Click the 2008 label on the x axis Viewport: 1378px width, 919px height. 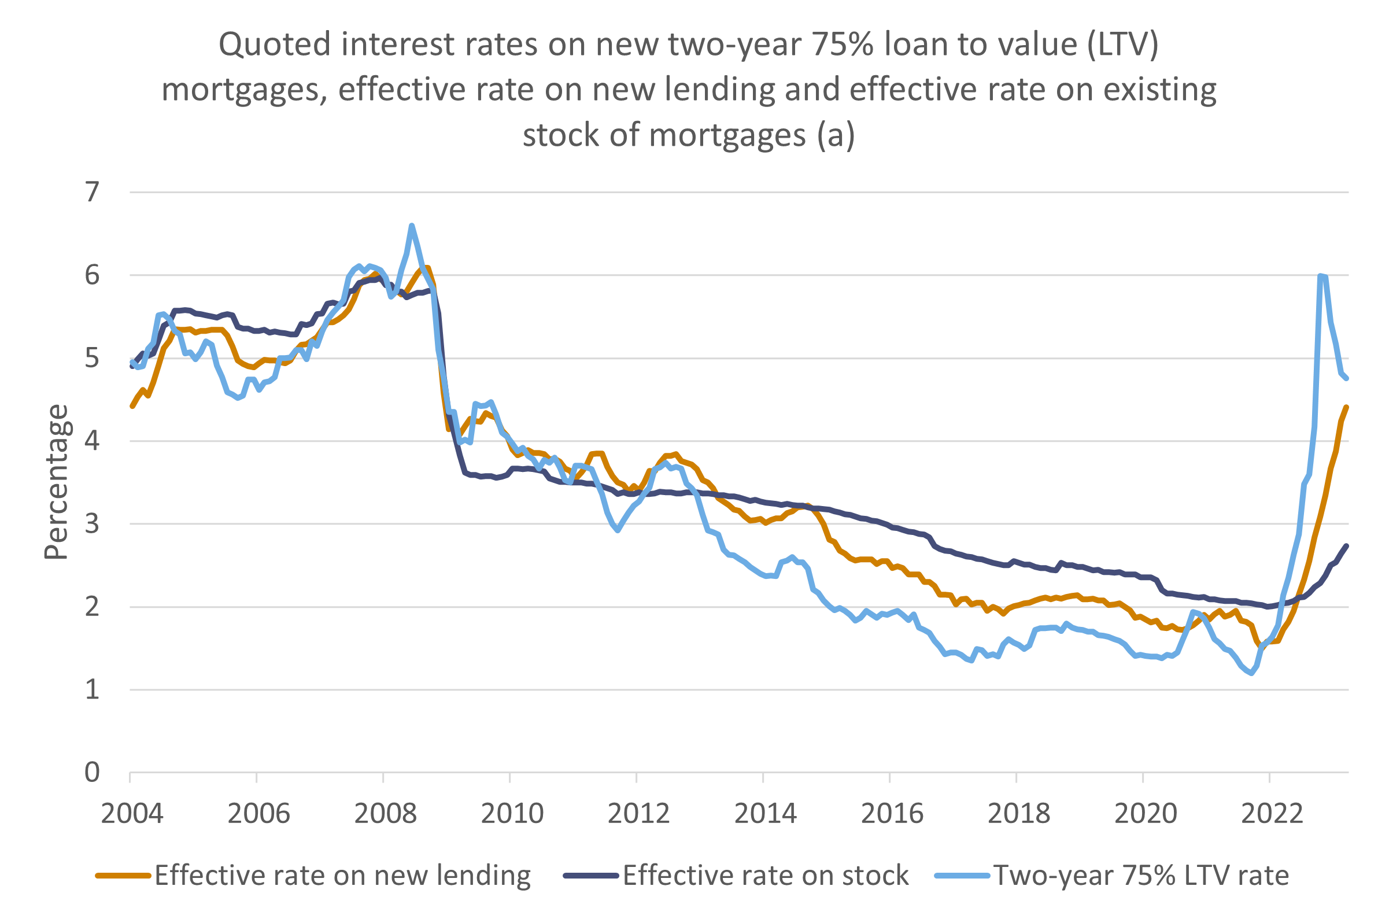pyautogui.click(x=385, y=814)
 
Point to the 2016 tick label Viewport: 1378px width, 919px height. pyautogui.click(x=892, y=814)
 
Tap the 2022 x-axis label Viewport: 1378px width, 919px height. pyautogui.click(x=1272, y=814)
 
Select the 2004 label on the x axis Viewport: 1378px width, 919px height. pyautogui.click(x=132, y=814)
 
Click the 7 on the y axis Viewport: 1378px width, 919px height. pyautogui.click(x=93, y=191)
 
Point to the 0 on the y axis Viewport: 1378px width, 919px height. pyautogui.click(x=93, y=773)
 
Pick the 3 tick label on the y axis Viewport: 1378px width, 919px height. pyautogui.click(x=93, y=523)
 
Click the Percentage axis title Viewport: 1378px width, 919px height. pyautogui.click(x=57, y=482)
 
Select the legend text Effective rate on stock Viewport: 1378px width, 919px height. pyautogui.click(x=765, y=876)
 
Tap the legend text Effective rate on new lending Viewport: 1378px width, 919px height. pyautogui.click(x=343, y=876)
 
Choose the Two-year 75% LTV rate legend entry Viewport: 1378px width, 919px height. pyautogui.click(x=1141, y=876)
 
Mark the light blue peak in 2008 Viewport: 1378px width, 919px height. pyautogui.click(x=411, y=225)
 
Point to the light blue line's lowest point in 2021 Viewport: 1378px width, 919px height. pyautogui.click(x=1252, y=673)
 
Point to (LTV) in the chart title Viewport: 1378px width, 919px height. pyautogui.click(x=1122, y=45)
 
